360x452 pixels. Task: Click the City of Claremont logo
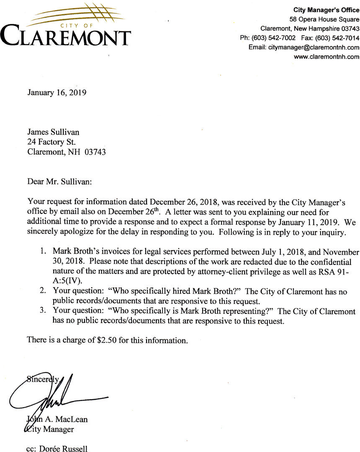coord(65,26)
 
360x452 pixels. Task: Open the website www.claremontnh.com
coord(327,56)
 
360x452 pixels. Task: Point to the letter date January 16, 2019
coord(57,92)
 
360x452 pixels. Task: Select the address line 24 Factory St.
coord(51,142)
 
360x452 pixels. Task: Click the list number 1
coord(43,252)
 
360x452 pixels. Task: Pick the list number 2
coord(43,291)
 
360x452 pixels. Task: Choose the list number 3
coord(43,311)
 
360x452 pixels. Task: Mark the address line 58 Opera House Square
coord(324,20)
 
